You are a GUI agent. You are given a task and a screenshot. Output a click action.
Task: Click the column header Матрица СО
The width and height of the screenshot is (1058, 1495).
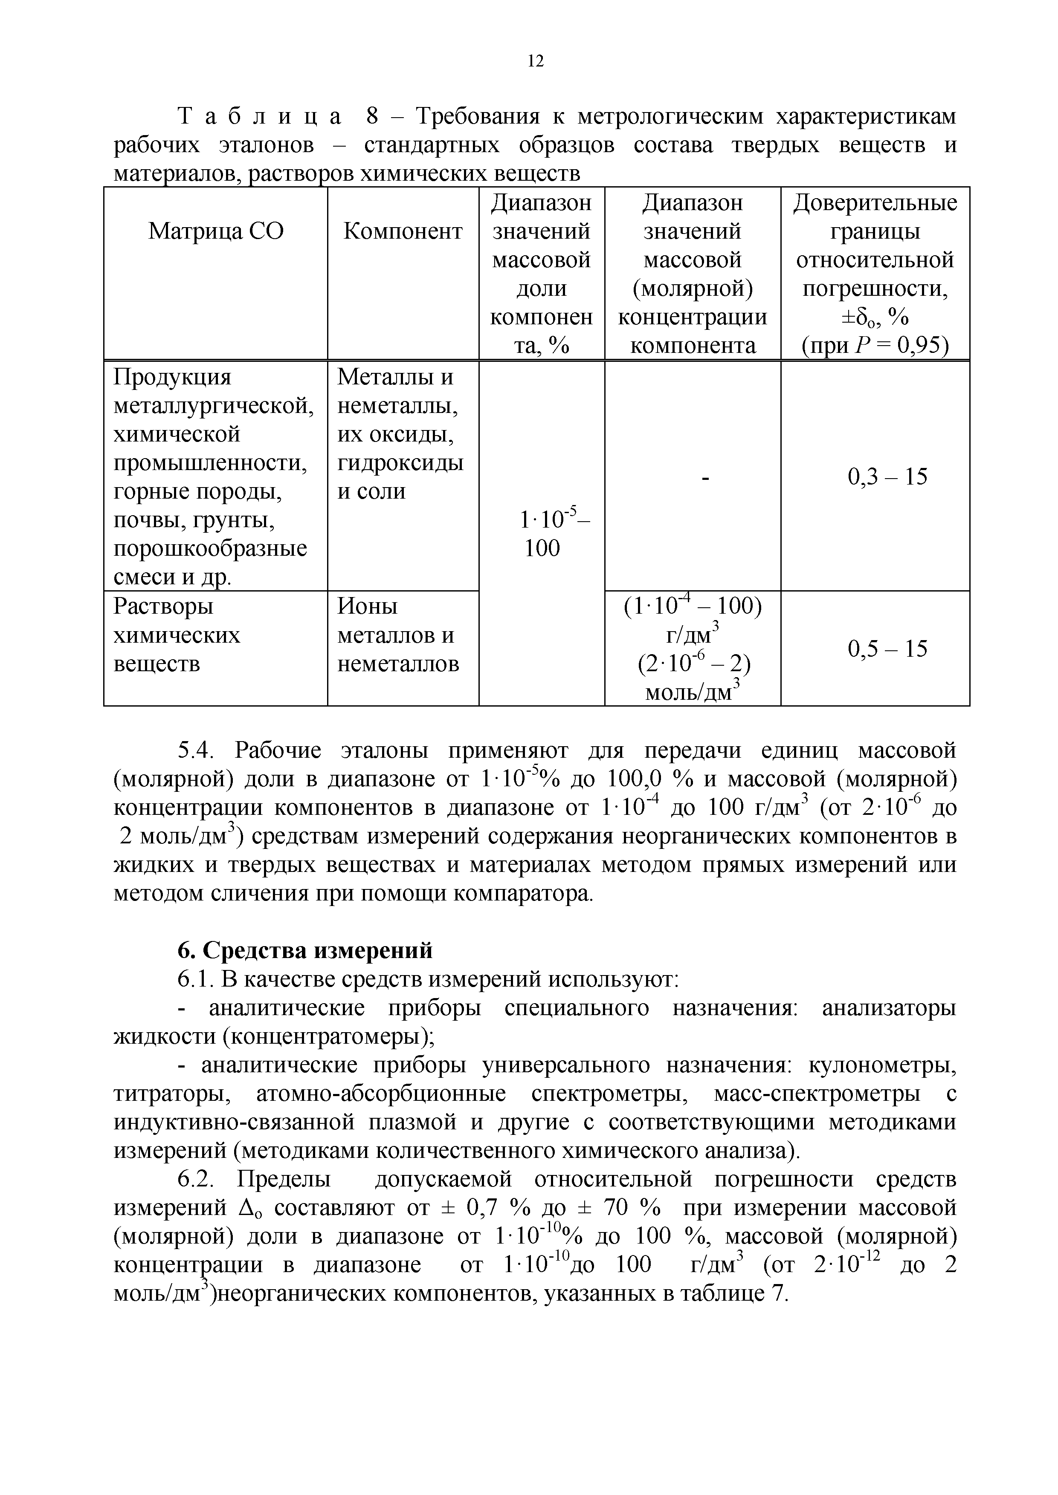click(216, 231)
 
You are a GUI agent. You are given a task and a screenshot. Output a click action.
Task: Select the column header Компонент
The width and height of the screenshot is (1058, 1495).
click(403, 231)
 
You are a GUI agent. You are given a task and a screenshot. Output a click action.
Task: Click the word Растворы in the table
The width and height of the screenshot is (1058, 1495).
click(163, 607)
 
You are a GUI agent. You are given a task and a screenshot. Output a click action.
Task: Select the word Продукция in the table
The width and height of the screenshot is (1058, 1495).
click(173, 378)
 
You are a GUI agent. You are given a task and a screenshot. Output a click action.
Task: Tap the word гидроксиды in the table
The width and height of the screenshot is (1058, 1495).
click(400, 464)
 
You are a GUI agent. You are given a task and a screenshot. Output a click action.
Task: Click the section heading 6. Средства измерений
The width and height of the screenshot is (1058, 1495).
click(305, 951)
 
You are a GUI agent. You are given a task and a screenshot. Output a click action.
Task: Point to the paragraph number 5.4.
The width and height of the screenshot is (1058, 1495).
click(195, 751)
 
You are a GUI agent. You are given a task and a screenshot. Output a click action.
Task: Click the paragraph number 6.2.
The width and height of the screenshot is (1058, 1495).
click(195, 1179)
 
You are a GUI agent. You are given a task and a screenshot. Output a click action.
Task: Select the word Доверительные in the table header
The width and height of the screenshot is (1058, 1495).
click(875, 203)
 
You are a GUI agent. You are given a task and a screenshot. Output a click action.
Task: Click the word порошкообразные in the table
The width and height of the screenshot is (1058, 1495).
click(210, 549)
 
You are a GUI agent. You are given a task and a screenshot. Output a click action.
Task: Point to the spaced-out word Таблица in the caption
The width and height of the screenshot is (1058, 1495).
click(259, 117)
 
